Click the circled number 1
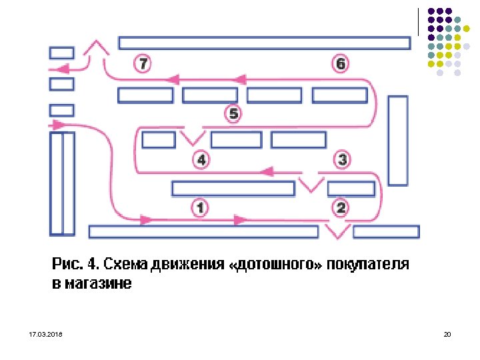(x=200, y=207)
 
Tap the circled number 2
(x=341, y=207)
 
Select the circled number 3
(x=342, y=159)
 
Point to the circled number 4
(x=201, y=160)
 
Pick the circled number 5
(x=233, y=114)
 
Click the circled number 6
(x=340, y=64)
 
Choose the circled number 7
(x=143, y=64)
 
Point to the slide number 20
(x=447, y=333)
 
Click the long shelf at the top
(x=264, y=43)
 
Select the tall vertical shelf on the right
(x=398, y=140)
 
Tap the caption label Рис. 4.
(x=74, y=264)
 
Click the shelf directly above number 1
(x=233, y=189)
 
